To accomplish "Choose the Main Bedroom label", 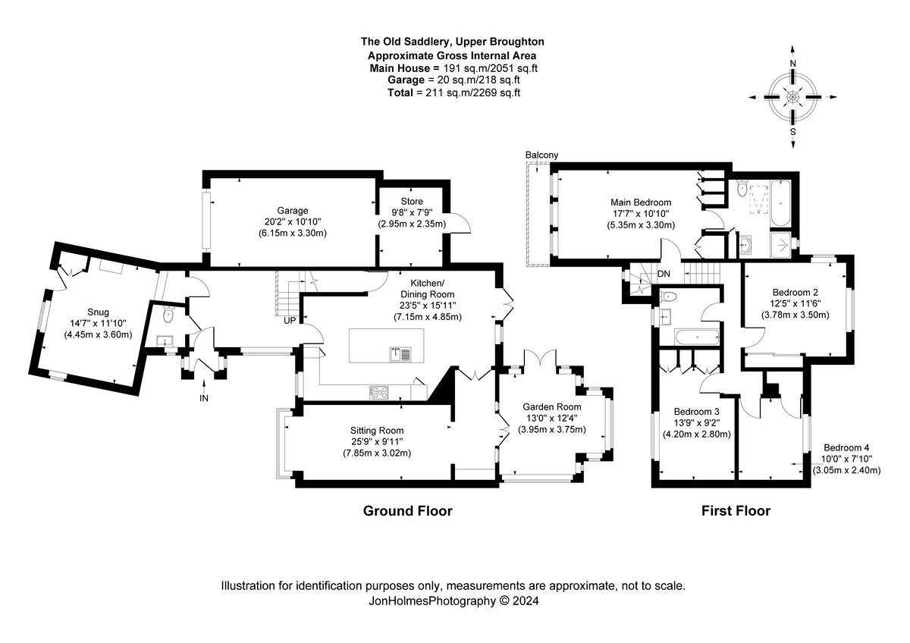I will pyautogui.click(x=642, y=202).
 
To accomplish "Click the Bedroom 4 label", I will pyautogui.click(x=847, y=447).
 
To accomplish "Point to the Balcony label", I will pyautogui.click(x=541, y=155).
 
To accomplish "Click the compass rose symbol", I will pyautogui.click(x=793, y=97).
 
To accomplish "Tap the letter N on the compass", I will pyautogui.click(x=793, y=63).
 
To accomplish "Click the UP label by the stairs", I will pyautogui.click(x=290, y=321).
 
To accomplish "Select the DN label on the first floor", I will pyautogui.click(x=664, y=274).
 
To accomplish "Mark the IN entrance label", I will pyautogui.click(x=203, y=398).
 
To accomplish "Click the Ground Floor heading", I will pyautogui.click(x=407, y=511).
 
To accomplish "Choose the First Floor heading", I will pyautogui.click(x=735, y=511).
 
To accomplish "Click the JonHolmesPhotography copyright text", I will pyautogui.click(x=453, y=601).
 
